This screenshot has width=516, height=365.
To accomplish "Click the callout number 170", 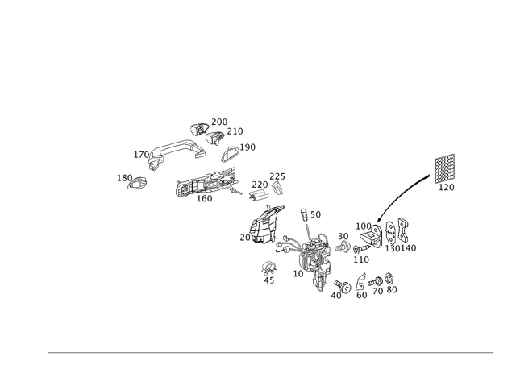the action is click(141, 155).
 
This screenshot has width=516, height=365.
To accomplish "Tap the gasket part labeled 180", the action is click(137, 183).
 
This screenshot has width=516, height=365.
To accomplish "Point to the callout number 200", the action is click(219, 122).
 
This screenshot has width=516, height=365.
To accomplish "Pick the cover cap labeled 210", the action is click(215, 138).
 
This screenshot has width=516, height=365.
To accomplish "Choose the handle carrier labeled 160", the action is click(206, 182).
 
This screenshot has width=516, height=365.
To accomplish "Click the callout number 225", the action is click(277, 176).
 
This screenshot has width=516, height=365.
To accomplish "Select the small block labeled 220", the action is click(259, 195).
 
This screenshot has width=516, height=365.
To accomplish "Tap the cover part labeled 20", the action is click(266, 226).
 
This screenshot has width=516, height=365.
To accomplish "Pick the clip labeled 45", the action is click(268, 268).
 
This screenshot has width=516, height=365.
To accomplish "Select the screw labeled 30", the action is click(343, 247).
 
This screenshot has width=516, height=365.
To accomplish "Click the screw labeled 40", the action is click(343, 286).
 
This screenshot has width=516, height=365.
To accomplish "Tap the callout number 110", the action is click(361, 259).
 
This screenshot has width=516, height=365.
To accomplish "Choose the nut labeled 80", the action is click(389, 279).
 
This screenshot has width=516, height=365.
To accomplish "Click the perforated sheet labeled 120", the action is click(445, 168).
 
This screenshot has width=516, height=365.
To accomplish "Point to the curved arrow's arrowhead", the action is click(379, 220).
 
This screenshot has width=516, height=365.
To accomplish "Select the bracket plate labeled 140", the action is click(403, 230).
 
